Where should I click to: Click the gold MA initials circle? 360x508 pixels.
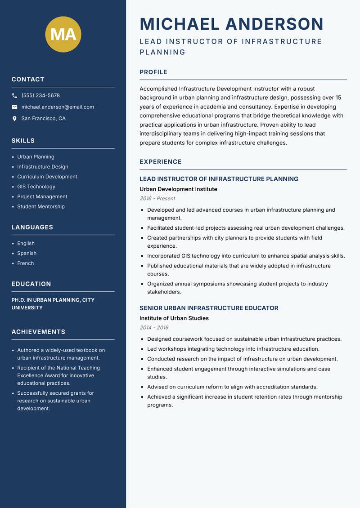click(63, 35)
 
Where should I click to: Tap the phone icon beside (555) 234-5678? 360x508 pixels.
click(14, 96)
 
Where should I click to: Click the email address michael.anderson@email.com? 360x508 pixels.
click(58, 107)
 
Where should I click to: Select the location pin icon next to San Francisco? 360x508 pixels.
click(14, 119)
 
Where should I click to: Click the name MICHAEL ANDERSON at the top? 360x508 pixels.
click(232, 24)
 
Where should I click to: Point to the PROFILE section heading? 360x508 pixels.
click(153, 72)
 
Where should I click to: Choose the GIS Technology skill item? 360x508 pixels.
click(36, 187)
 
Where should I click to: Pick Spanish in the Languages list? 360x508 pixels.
click(27, 253)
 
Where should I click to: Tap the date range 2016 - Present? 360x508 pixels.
click(157, 198)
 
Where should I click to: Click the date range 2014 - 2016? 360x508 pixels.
click(154, 328)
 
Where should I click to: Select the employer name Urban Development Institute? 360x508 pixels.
click(178, 189)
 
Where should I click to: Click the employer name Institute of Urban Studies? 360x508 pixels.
click(174, 318)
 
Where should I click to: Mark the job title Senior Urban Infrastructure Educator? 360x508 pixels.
click(209, 308)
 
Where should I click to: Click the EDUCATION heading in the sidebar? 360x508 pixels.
click(31, 284)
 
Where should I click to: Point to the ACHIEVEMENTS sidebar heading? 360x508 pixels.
click(38, 332)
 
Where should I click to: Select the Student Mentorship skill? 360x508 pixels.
click(41, 206)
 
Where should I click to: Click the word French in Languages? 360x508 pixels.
click(26, 263)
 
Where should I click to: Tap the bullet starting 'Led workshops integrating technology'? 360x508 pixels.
click(233, 349)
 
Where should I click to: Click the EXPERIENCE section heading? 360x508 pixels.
click(161, 161)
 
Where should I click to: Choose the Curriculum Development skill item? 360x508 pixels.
click(47, 177)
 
